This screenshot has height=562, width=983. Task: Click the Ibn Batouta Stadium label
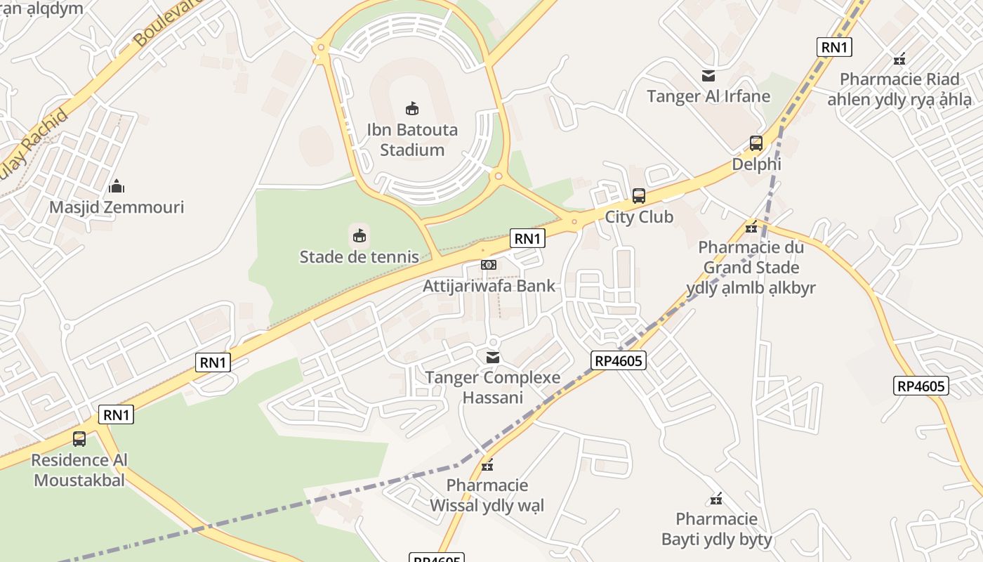(412, 140)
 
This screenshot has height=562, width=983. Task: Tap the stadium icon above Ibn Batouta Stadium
(412, 108)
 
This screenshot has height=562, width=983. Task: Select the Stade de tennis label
(359, 257)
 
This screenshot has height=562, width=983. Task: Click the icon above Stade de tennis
(359, 235)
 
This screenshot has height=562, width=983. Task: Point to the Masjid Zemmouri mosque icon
(117, 186)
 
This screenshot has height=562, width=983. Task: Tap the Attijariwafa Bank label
(489, 286)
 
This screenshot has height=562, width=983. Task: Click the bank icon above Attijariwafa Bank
(489, 265)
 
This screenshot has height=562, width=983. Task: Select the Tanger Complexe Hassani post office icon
(493, 358)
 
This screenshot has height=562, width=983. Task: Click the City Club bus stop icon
(639, 196)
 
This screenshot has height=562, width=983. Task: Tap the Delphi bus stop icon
(756, 143)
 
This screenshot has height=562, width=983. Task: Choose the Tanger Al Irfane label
(708, 96)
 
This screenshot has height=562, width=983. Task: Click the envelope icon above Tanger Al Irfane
(708, 76)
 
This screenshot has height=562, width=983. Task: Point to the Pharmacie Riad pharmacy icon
(899, 59)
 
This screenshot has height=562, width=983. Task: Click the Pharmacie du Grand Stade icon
(751, 227)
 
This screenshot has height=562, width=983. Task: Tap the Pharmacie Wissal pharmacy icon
(487, 465)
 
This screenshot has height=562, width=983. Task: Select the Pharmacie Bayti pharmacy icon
(716, 499)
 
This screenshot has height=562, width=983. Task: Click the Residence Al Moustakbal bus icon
(79, 439)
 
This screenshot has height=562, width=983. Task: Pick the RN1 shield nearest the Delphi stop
(835, 47)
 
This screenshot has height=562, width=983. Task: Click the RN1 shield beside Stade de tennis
(527, 239)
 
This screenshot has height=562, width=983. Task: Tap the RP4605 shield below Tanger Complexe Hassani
(618, 360)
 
